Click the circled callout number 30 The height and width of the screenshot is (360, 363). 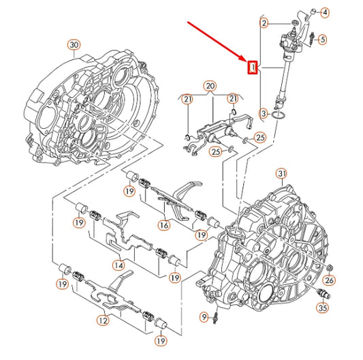click(x=74, y=45)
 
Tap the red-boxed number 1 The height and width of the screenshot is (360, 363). click(x=252, y=67)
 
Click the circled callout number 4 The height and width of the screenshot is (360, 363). click(x=324, y=12)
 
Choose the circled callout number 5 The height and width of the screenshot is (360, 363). click(x=323, y=39)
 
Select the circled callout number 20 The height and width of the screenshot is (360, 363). click(x=210, y=87)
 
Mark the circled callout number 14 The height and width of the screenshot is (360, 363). click(x=120, y=265)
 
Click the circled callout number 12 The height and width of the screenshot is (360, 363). click(x=102, y=320)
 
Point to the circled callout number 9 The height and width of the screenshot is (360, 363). click(x=204, y=316)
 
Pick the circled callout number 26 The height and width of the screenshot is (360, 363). click(x=329, y=280)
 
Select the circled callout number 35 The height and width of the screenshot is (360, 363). click(x=323, y=307)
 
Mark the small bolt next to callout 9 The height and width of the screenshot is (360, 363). click(x=215, y=316)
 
